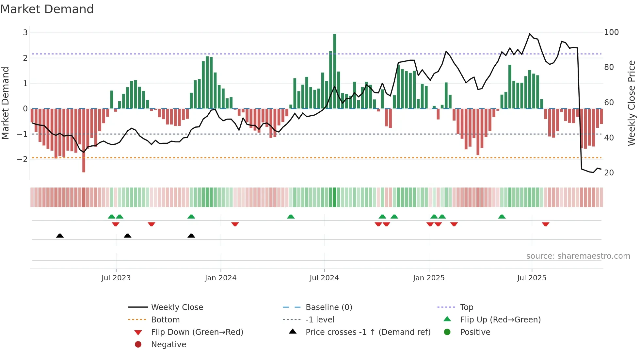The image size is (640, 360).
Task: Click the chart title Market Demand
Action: pyautogui.click(x=47, y=9)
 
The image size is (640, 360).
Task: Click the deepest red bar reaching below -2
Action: pyautogui.click(x=84, y=140)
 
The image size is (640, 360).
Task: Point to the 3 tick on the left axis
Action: pyautogui.click(x=25, y=32)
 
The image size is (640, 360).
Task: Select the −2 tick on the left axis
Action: pyautogui.click(x=23, y=159)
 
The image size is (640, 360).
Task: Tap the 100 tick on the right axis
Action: pyautogui.click(x=611, y=32)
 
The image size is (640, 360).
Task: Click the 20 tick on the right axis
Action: pyautogui.click(x=609, y=172)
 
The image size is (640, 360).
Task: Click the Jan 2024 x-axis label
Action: pyautogui.click(x=220, y=278)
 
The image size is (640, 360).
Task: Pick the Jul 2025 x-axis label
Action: pyautogui.click(x=532, y=278)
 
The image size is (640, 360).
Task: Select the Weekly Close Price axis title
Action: pyautogui.click(x=632, y=103)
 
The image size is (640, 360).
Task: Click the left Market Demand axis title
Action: pyautogui.click(x=6, y=103)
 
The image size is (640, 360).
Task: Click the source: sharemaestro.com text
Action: pyautogui.click(x=578, y=256)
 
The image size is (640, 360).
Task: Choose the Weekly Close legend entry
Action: pyautogui.click(x=177, y=307)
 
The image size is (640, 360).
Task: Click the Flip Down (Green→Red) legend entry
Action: pyautogui.click(x=197, y=332)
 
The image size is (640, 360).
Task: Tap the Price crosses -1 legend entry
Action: pyautogui.click(x=368, y=332)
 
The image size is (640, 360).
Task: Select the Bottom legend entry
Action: pyautogui.click(x=165, y=320)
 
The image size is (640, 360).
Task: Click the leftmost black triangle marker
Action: pyautogui.click(x=60, y=236)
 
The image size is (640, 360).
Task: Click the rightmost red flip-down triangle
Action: pyautogui.click(x=545, y=224)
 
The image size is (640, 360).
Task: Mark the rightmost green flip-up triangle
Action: pyautogui.click(x=502, y=217)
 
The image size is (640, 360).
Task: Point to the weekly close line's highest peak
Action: pyautogui.click(x=530, y=34)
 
